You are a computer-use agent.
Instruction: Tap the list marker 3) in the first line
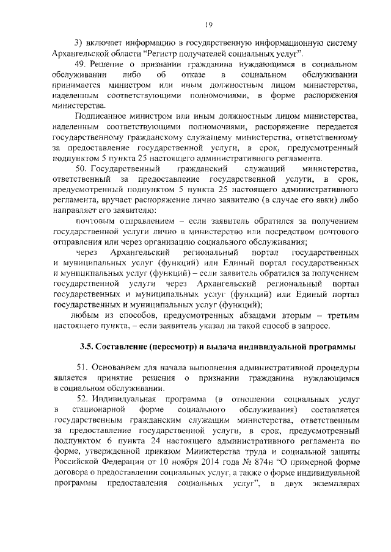pyautogui.click(x=78, y=42)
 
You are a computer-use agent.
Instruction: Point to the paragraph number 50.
pyautogui.click(x=80, y=168)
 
